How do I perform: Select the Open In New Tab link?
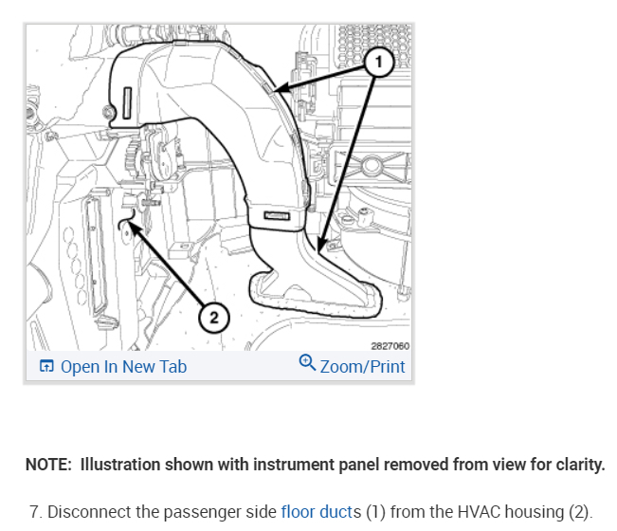123,367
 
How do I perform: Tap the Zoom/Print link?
363,367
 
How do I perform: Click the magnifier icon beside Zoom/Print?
307,365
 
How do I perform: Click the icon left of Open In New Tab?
45,367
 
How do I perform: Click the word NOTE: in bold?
49,466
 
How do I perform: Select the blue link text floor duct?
317,512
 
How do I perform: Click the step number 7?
34,512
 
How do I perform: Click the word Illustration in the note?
120,466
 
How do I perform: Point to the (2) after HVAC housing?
579,512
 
